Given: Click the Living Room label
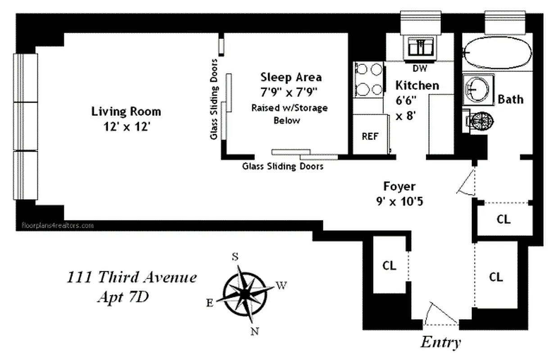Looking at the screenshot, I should [126, 111].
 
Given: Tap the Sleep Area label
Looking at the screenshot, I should [291, 77].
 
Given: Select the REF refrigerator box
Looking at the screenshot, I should [370, 135].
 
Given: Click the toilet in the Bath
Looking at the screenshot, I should [480, 120].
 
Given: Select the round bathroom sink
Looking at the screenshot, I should [478, 90].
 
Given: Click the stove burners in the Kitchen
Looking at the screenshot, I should [369, 79].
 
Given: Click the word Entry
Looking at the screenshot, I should [440, 342].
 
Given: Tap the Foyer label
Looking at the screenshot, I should [399, 186].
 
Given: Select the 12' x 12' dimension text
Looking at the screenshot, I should [126, 127].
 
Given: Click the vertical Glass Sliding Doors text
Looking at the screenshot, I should [215, 99].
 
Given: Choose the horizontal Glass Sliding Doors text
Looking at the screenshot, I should [283, 166].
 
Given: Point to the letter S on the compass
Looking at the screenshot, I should [235, 256].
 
